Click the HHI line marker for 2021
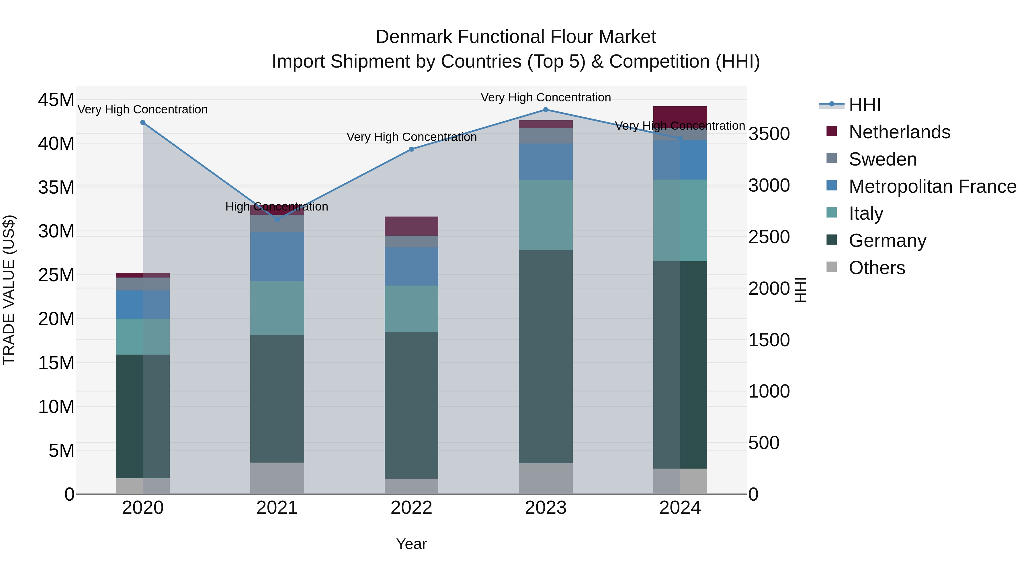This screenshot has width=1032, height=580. [x=277, y=219]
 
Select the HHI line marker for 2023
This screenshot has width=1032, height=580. [x=546, y=110]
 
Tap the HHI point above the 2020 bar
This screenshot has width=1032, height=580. [x=143, y=123]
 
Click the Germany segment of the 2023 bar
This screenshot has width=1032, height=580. [x=546, y=356]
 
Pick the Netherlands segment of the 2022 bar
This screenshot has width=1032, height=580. [x=411, y=226]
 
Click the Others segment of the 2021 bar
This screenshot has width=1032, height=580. [x=277, y=478]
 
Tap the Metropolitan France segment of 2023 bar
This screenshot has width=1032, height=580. [x=546, y=162]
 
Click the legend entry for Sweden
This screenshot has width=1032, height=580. [x=883, y=159]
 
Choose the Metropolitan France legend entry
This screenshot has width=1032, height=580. [x=932, y=186]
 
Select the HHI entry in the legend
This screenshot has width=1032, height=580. [x=865, y=105]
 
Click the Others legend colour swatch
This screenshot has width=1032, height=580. [x=832, y=267]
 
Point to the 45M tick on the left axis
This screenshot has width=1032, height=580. [x=56, y=100]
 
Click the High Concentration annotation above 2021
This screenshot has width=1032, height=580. [x=277, y=207]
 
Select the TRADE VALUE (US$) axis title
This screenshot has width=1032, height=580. [x=9, y=290]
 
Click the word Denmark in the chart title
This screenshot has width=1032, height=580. [x=414, y=37]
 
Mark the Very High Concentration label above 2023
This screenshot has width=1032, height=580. [x=546, y=97]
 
